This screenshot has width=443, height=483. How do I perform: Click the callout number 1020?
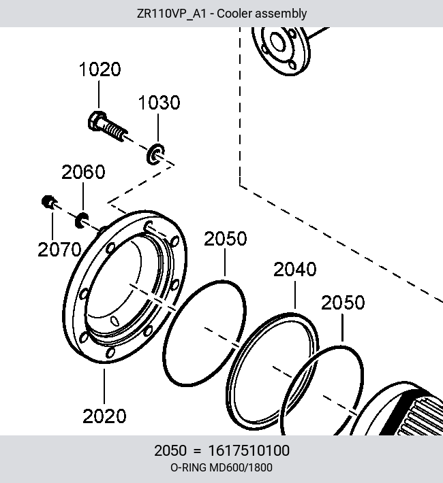100,69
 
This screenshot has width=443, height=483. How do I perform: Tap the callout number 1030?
159,103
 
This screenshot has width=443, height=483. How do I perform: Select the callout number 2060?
83,172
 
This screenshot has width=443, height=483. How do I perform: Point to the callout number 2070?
59,250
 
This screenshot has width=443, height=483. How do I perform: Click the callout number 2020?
104,416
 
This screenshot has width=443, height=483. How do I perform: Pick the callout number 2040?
295,269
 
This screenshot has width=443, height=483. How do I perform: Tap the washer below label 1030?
155,154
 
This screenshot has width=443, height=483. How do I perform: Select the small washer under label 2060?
82,220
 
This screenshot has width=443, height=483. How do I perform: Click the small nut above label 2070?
48,202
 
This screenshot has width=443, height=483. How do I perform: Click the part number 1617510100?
249,450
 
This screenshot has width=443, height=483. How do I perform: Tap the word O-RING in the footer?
188,467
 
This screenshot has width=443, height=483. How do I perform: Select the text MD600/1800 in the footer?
241,467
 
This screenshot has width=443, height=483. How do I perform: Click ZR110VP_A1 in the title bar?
171,14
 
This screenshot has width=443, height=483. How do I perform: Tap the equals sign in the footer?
197,451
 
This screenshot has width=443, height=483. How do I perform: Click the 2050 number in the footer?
170,450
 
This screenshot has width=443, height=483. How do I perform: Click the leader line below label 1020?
99,95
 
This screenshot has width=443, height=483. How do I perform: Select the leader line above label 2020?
104,386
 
